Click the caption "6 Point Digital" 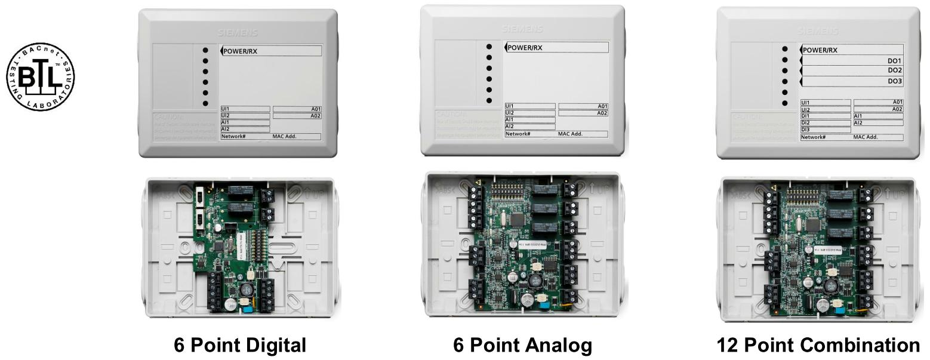point(239,346)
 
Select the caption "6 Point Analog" point(524,346)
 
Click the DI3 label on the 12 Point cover point(805,129)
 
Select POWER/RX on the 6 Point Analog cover point(525,48)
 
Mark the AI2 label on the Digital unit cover point(226,129)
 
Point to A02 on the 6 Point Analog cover point(602,113)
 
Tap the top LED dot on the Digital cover point(205,50)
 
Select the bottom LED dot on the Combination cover point(784,103)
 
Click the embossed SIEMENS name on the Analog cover point(522,28)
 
